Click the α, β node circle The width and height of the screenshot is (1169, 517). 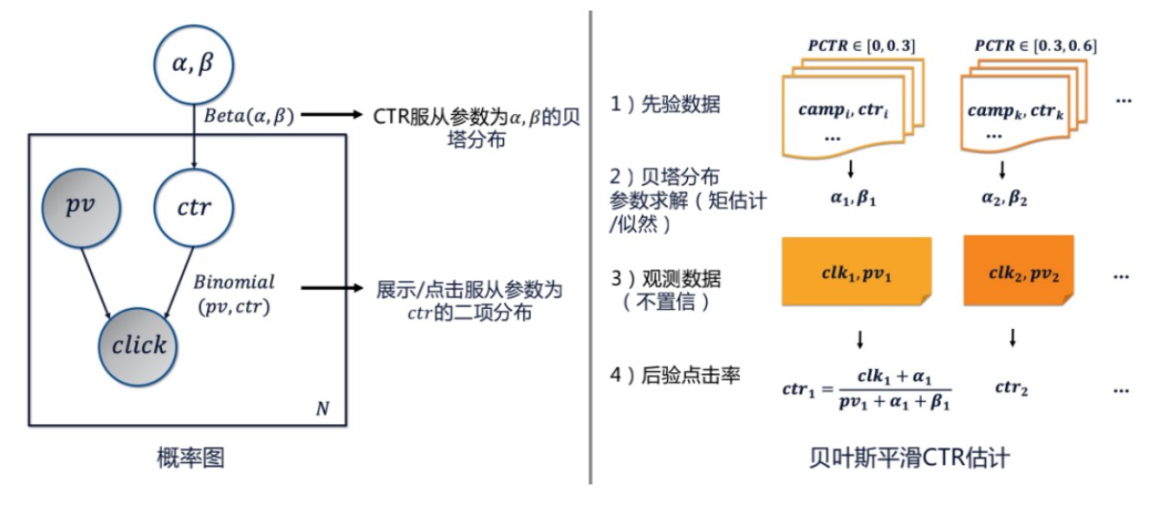pyautogui.click(x=194, y=66)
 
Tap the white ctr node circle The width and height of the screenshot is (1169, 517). pyautogui.click(x=194, y=208)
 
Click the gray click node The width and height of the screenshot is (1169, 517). pyautogui.click(x=140, y=345)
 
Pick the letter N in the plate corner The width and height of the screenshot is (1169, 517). pyautogui.click(x=322, y=410)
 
